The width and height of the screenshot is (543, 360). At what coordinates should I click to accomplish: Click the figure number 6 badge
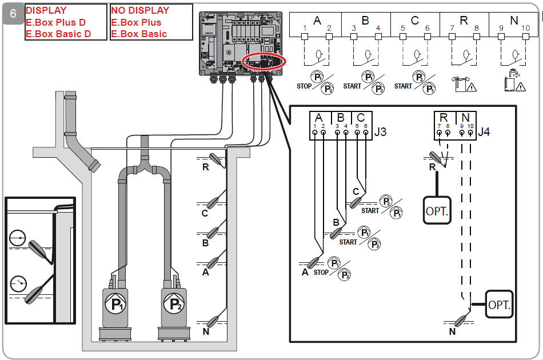coord(13,14)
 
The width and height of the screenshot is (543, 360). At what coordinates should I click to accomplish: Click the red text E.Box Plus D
coord(55,22)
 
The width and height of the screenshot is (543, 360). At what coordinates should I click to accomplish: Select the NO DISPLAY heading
coord(140,10)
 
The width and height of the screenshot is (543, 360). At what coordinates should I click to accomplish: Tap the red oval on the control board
coord(264,62)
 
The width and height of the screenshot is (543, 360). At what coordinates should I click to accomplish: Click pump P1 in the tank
coord(115,310)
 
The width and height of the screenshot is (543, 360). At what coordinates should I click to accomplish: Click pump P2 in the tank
coord(174,310)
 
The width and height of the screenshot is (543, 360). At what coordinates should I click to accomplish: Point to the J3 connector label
coord(380,132)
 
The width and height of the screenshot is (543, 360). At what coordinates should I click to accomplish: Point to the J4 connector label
coord(484,132)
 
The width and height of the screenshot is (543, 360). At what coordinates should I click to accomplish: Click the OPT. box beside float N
coord(499,304)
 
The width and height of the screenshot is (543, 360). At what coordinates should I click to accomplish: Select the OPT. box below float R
coord(437,210)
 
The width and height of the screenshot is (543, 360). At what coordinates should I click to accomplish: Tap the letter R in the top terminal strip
coord(464,21)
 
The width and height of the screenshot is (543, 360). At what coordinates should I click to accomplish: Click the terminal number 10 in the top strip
coord(525,28)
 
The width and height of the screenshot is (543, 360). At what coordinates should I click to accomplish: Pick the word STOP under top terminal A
coord(304,86)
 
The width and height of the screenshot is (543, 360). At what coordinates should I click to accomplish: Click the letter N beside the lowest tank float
coord(206,331)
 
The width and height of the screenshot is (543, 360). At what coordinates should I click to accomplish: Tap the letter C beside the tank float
coord(205,213)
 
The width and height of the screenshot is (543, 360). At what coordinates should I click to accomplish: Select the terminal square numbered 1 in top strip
coord(305,37)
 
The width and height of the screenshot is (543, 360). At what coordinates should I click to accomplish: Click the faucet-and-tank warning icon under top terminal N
coord(514,81)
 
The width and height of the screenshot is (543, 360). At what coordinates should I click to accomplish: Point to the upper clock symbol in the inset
coord(18,238)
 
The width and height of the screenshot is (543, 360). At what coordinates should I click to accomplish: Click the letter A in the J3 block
coord(318,118)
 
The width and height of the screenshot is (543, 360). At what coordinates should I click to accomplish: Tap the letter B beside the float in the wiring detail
coord(336,222)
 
